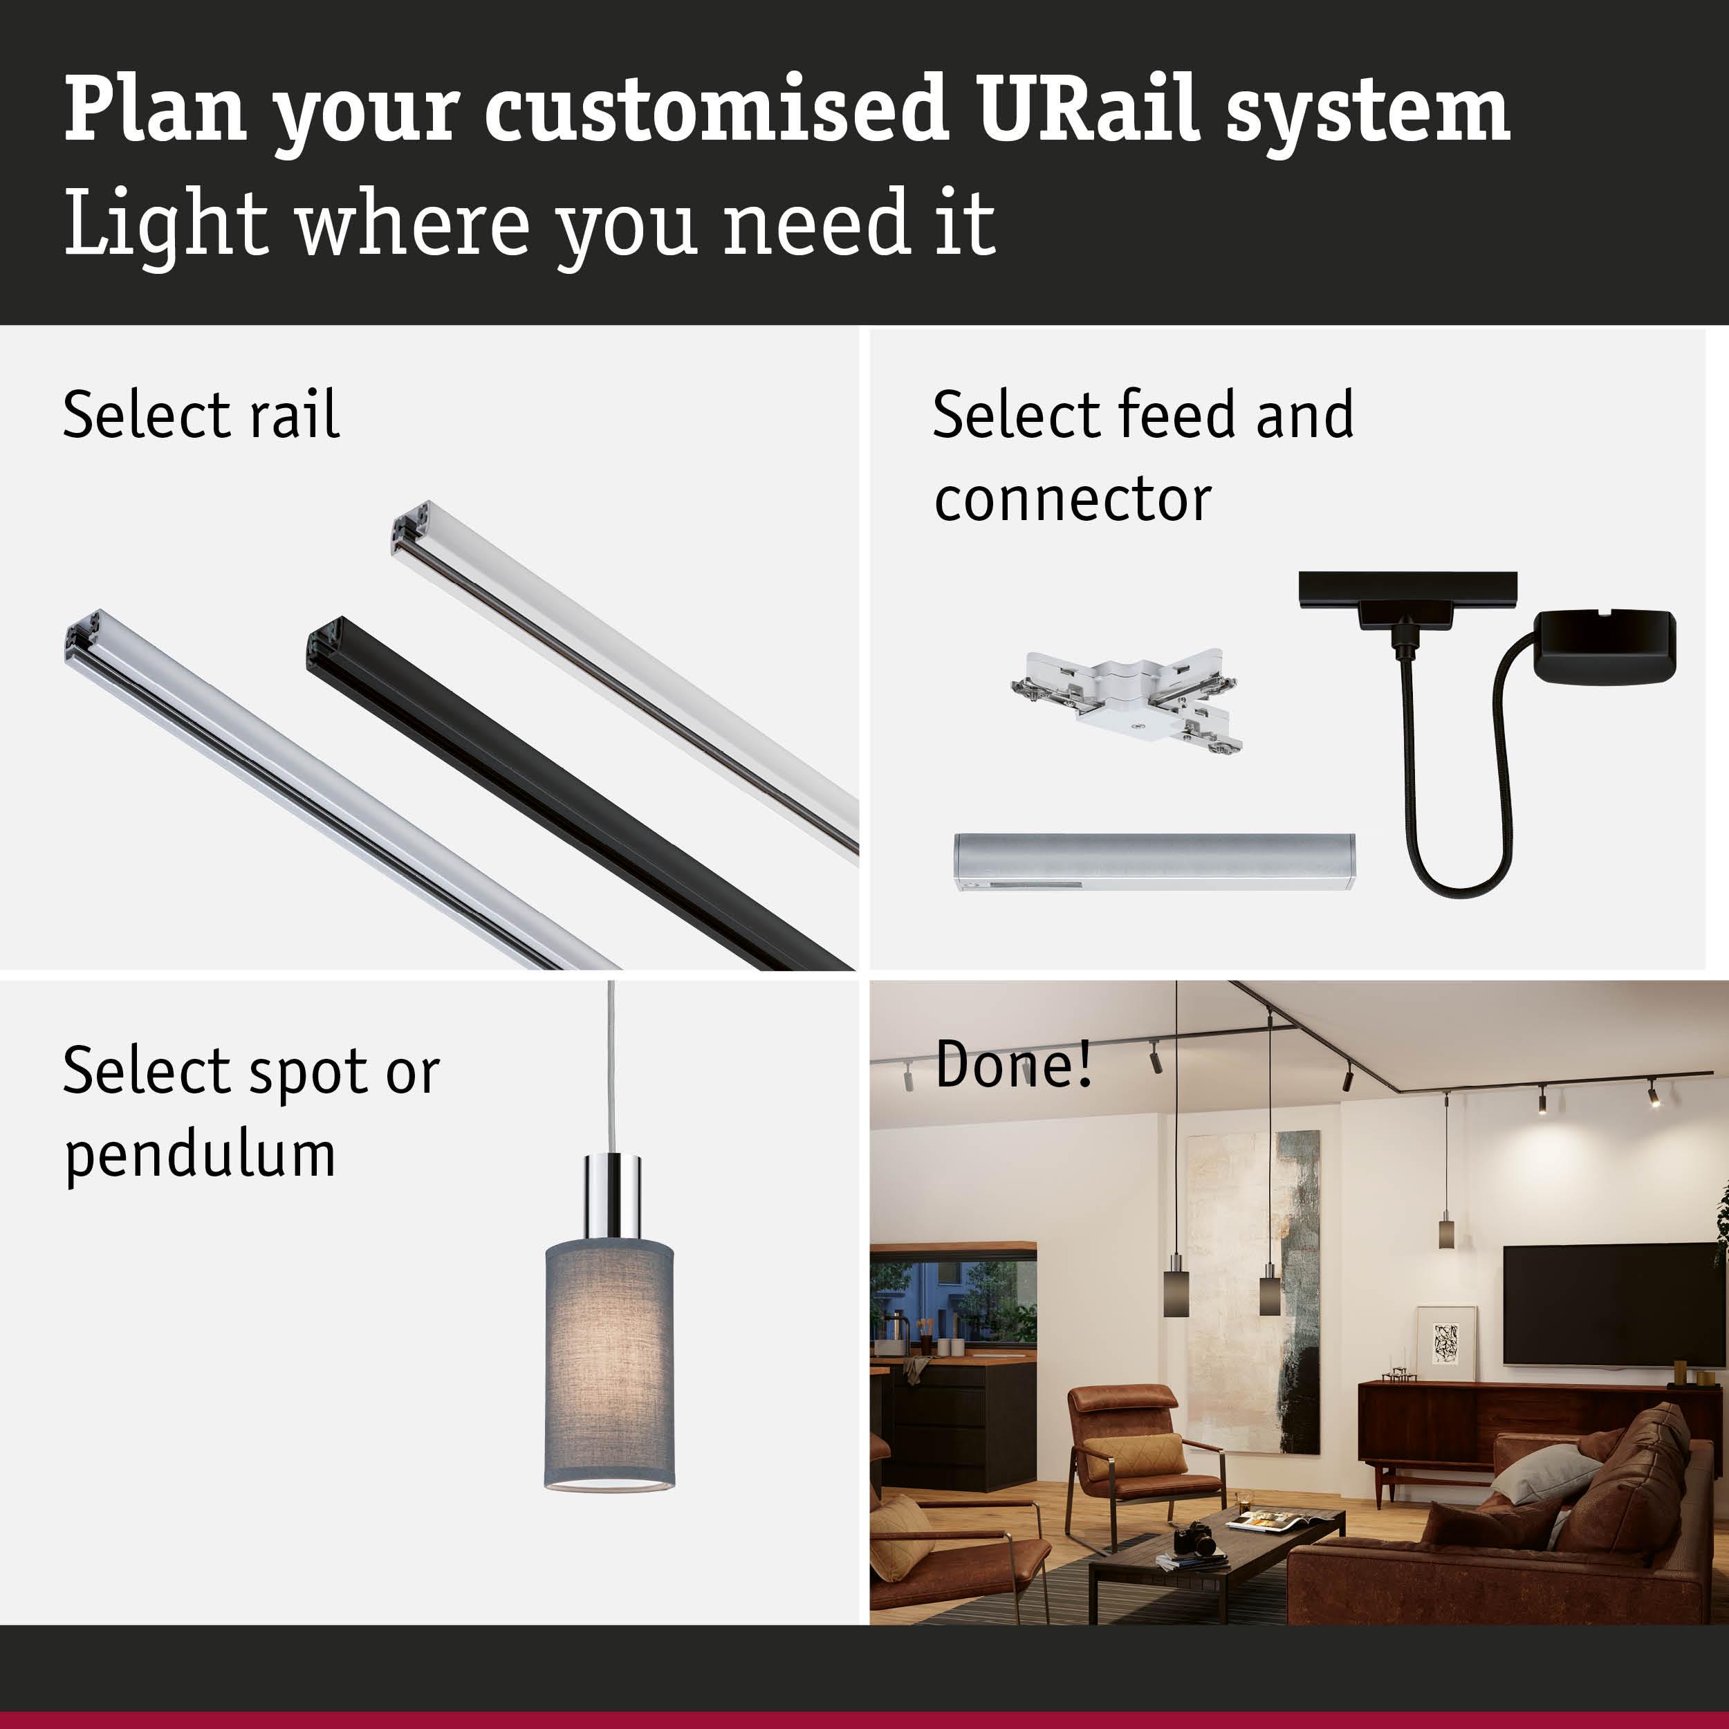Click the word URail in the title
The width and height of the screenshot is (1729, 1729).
click(1087, 109)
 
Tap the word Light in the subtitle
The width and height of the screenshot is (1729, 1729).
click(165, 223)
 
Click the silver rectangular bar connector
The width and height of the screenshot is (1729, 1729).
click(1154, 861)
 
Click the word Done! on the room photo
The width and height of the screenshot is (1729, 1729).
click(1014, 1065)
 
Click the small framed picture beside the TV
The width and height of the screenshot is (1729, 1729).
click(1446, 1342)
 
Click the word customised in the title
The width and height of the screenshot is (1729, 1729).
click(716, 109)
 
